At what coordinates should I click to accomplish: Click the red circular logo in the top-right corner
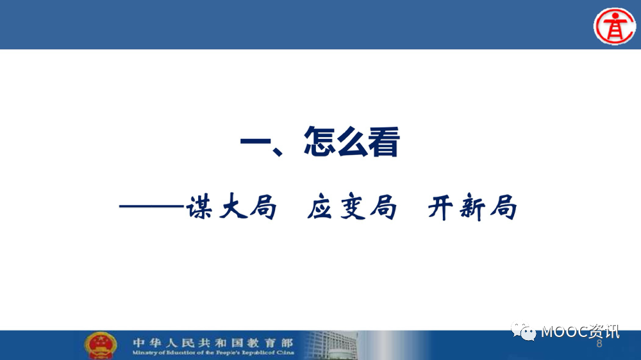(x=615, y=26)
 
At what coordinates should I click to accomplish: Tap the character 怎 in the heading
(x=319, y=141)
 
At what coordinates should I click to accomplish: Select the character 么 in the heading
(x=351, y=142)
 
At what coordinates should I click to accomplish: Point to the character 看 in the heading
(x=383, y=142)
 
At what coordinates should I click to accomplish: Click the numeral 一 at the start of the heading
(x=256, y=142)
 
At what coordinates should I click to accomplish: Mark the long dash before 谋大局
(x=152, y=206)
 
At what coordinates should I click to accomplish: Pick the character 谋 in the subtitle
(x=199, y=207)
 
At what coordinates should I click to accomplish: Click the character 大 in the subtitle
(x=233, y=207)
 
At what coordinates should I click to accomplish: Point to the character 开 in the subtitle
(x=441, y=207)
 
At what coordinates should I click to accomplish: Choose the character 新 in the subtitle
(x=472, y=208)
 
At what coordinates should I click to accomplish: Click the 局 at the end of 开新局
(x=504, y=207)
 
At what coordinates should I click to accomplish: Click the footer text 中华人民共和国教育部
(x=213, y=343)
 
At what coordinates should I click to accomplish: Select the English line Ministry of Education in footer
(x=213, y=352)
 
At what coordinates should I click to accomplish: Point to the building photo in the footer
(x=332, y=345)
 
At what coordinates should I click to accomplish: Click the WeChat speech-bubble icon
(x=523, y=331)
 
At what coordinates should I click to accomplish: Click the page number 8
(x=599, y=343)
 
